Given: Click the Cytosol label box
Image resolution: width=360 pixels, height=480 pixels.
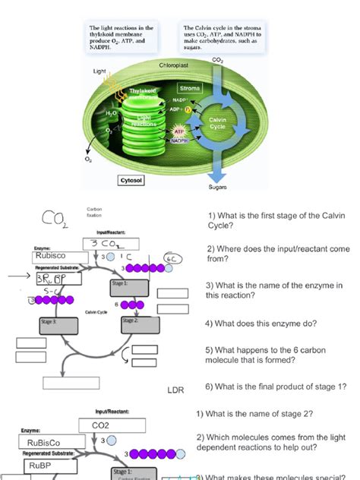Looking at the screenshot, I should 137,181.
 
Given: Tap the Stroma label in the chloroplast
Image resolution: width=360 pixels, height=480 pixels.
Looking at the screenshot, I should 189,89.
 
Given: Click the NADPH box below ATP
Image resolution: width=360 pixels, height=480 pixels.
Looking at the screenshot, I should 180,141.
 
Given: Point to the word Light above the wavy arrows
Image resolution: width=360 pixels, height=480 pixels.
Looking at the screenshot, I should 99,71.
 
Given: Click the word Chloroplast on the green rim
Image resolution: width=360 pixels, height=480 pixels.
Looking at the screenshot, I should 174,66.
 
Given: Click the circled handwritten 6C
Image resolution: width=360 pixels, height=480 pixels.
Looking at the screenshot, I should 174,258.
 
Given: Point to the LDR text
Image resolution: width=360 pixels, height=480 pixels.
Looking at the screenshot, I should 176,390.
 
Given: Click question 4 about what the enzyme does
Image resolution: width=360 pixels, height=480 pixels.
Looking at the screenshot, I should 271,323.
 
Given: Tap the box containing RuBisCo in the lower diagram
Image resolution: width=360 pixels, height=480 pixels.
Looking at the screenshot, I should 47,442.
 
